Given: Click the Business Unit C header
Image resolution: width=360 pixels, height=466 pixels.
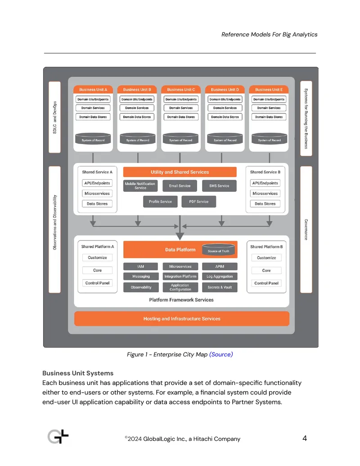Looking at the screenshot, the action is point(181,90).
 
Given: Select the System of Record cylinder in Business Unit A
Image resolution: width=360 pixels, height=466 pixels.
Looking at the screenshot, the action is point(93,139).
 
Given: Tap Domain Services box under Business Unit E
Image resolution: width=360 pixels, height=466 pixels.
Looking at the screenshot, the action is point(269,108).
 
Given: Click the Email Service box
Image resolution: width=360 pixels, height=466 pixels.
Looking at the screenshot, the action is point(180,186).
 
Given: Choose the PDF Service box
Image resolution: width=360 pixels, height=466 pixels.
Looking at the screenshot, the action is point(199,202).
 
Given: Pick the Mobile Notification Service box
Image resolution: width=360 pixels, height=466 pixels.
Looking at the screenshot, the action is point(140,186).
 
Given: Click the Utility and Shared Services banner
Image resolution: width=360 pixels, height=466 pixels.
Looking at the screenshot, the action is point(180,172).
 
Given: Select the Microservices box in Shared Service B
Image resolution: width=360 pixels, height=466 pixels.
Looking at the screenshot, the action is point(265,194).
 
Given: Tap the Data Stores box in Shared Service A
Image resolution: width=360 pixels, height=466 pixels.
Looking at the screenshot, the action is point(97,204).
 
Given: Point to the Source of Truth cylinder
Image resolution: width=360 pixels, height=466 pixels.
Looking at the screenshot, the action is point(218,250).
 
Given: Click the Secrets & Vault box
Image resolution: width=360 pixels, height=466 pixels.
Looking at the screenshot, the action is point(220,287).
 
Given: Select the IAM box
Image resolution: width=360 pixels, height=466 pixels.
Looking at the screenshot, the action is point(141,267).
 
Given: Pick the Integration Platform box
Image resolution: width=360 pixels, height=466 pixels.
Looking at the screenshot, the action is point(180,276).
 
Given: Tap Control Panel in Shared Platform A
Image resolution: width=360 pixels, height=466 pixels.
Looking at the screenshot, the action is point(98,283).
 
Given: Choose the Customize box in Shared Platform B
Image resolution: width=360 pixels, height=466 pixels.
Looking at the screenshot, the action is point(266,258).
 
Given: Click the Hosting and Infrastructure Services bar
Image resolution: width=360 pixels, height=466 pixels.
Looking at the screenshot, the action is point(182,319).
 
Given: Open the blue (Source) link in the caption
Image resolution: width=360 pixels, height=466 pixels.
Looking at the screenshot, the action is point(221,354).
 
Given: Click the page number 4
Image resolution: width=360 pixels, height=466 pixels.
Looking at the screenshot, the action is point(305,439).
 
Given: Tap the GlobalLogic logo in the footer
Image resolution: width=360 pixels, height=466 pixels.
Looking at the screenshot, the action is point(58,437).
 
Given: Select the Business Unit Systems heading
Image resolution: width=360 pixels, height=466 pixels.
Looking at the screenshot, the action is point(78,373).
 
